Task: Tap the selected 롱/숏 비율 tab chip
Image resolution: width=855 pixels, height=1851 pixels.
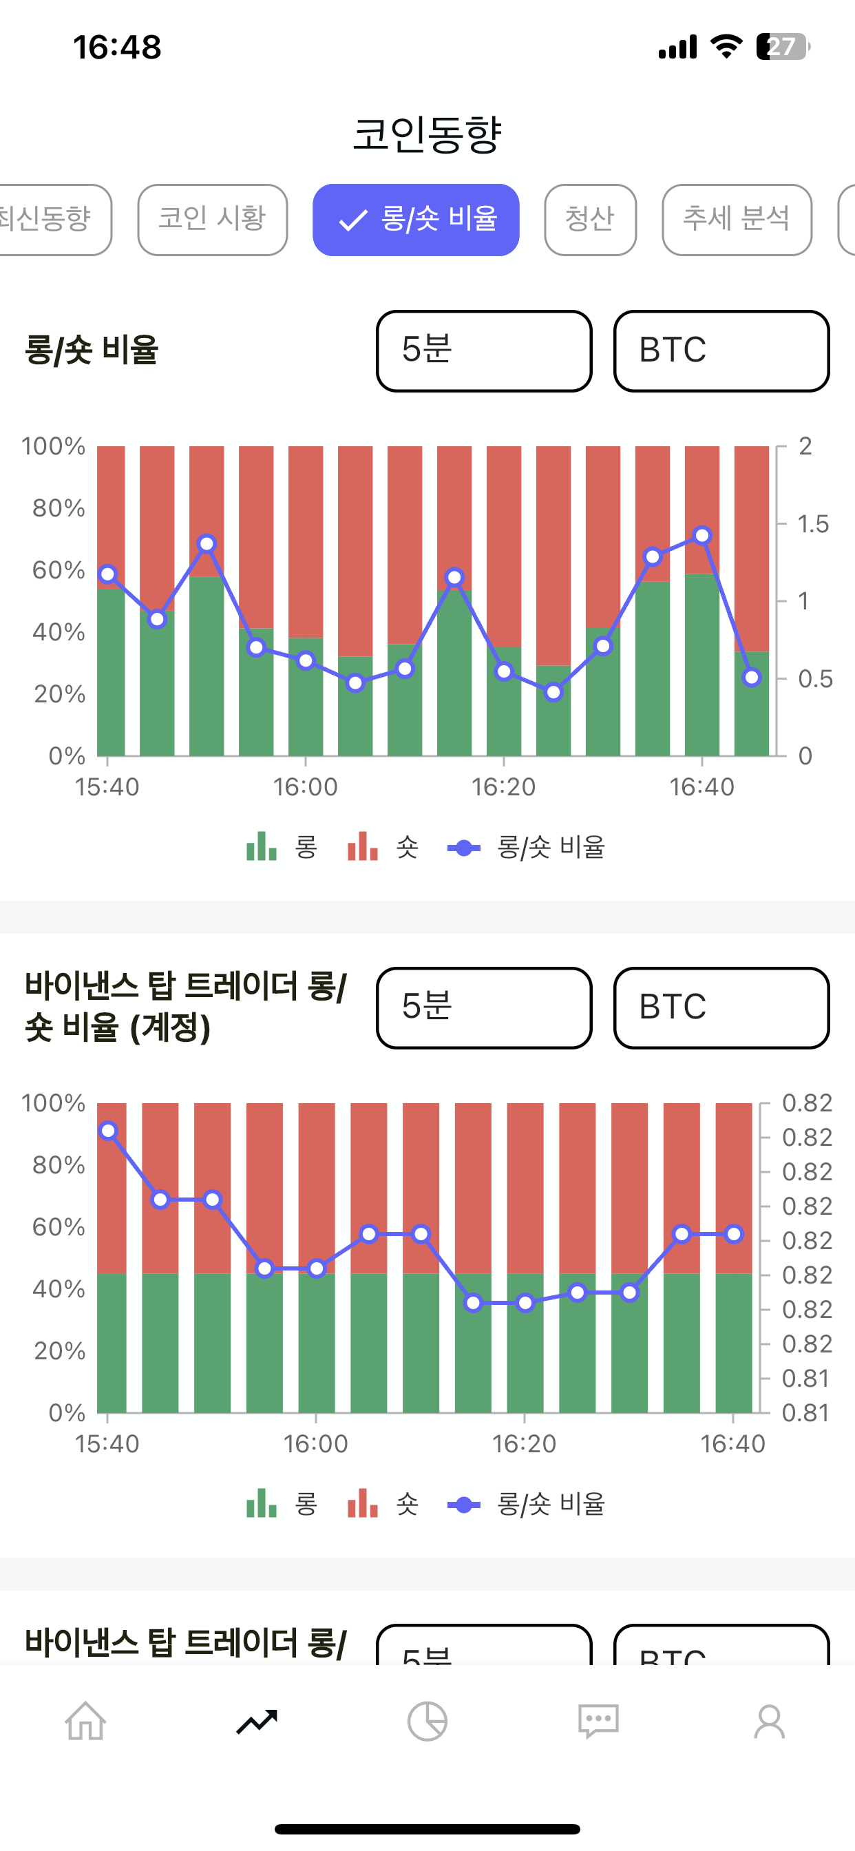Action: point(415,219)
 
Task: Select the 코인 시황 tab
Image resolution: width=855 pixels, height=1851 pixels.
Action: point(212,219)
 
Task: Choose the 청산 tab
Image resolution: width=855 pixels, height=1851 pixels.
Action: point(590,219)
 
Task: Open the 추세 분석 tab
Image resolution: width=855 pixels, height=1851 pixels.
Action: point(736,219)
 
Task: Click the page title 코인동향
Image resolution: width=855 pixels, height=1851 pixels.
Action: point(427,134)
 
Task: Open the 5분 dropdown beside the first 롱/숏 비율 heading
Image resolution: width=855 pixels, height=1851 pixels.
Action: point(483,351)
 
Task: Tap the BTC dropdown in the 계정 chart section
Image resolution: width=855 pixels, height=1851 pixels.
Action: point(721,1007)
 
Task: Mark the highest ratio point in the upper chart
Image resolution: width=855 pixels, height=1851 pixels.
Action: point(702,535)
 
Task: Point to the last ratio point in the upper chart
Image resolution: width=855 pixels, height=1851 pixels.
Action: point(752,677)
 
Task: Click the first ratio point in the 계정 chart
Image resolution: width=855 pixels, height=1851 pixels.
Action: point(108,1130)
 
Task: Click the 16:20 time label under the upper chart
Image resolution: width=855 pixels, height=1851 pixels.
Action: point(503,788)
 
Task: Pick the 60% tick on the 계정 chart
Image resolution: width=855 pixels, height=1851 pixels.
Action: point(59,1226)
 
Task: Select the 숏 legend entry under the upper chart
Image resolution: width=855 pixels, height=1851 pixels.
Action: point(383,848)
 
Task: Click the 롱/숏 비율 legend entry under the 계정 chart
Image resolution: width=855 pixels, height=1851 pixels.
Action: point(527,1504)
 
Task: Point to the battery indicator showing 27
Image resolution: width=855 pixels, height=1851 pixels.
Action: point(783,47)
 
